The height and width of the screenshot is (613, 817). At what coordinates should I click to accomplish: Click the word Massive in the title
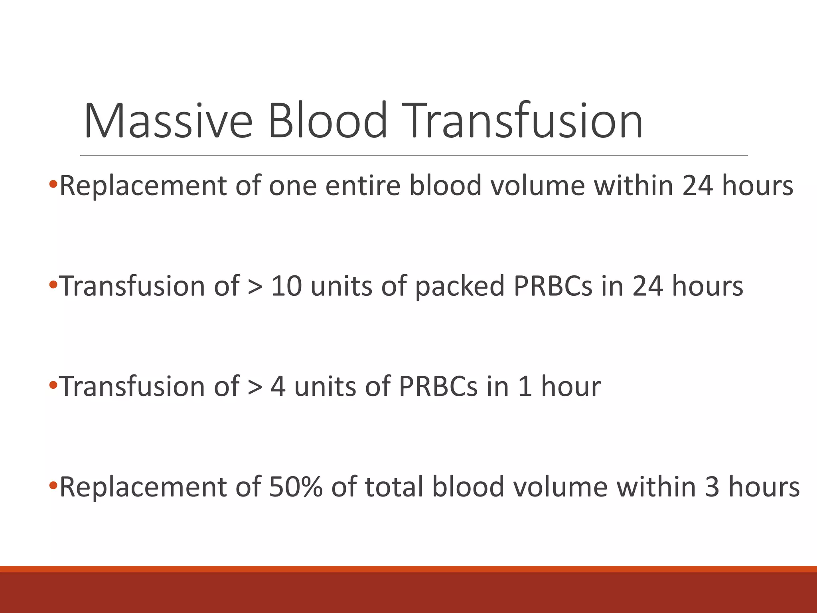[x=168, y=121]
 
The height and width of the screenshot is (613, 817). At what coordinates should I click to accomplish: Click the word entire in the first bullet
[x=363, y=186]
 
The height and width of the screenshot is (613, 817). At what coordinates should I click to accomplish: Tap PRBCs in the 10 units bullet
[x=553, y=287]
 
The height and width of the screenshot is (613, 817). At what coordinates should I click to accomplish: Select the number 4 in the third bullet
[x=278, y=387]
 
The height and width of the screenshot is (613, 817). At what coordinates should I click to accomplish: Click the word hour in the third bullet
[x=570, y=387]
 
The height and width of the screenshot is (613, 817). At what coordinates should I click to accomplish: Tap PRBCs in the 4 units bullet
[x=438, y=387]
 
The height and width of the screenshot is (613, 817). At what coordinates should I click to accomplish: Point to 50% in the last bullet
[x=296, y=487]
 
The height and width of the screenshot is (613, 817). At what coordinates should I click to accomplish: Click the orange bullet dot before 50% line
[x=53, y=486]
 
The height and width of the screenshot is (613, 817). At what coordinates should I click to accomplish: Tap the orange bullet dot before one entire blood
[x=53, y=185]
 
